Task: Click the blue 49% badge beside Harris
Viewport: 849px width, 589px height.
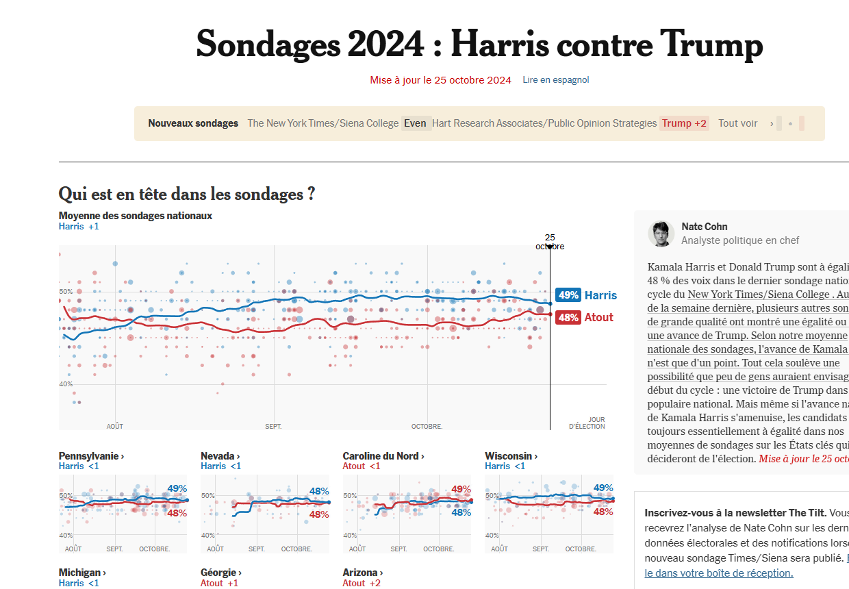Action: click(568, 295)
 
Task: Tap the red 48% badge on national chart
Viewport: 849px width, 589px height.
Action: click(568, 317)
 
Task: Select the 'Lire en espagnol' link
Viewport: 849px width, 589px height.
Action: click(555, 80)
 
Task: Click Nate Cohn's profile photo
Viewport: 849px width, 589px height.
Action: click(661, 234)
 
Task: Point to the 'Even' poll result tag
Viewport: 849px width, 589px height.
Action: click(415, 123)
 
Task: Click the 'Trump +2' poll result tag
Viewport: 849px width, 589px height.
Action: click(684, 123)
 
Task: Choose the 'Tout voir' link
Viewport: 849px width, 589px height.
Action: click(737, 123)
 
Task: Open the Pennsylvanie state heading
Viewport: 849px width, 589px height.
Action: click(91, 456)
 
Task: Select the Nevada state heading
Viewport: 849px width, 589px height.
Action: click(220, 456)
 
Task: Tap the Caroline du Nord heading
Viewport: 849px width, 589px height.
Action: click(383, 456)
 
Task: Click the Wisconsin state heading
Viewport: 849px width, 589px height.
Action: click(511, 456)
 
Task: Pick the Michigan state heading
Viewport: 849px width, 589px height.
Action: click(82, 573)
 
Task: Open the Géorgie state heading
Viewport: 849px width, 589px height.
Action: click(220, 573)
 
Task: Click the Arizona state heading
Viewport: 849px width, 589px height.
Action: click(362, 573)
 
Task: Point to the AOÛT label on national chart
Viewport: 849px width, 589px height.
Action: click(115, 427)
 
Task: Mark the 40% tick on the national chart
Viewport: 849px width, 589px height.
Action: click(66, 384)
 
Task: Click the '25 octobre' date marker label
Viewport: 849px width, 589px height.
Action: click(550, 242)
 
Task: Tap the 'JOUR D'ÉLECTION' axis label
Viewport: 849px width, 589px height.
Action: click(587, 423)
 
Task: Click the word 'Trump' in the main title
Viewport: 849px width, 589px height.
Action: click(711, 45)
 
